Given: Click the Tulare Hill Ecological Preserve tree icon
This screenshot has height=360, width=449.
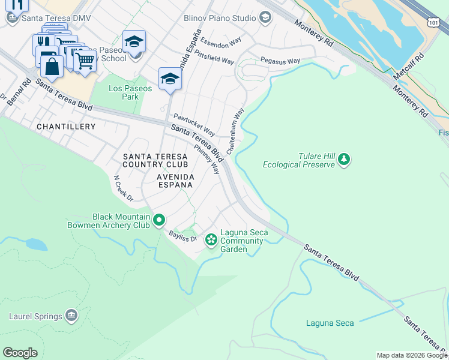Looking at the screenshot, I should [344, 159].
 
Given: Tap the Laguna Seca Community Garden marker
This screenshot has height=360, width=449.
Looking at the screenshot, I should [211, 241].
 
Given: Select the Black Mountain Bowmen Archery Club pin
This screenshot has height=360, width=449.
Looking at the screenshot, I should [158, 220].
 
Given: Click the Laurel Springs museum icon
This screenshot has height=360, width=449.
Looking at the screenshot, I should [71, 316].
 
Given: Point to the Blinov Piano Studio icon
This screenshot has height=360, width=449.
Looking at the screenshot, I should [265, 18].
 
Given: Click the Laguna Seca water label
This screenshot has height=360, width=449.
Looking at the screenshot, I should [330, 323].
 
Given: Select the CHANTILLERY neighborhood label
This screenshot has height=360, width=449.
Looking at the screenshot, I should [66, 127].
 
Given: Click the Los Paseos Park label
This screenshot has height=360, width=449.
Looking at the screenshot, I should [124, 92].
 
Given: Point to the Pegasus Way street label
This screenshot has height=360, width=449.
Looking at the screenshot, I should [280, 61].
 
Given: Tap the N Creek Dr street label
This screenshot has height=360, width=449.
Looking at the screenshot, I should [123, 188].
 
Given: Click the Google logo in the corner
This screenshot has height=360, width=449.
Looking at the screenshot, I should [20, 352].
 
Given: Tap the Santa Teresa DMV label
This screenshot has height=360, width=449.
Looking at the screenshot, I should [56, 18].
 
